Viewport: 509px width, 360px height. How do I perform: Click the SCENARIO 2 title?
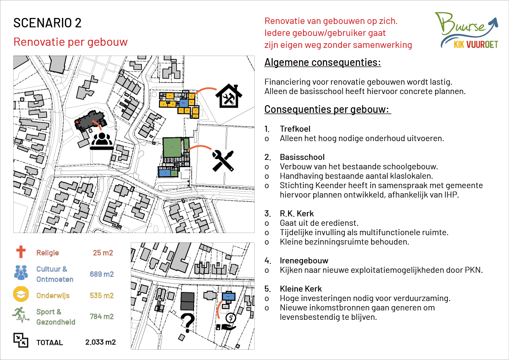click(x=47, y=23)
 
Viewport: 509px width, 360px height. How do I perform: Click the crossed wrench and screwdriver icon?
click(x=223, y=160)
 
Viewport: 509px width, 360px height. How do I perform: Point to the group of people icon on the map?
click(x=102, y=141)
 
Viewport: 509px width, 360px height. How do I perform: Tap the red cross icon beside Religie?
click(x=21, y=252)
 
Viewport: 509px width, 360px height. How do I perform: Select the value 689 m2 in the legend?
click(x=102, y=274)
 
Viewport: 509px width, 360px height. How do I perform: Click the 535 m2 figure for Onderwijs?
click(x=102, y=295)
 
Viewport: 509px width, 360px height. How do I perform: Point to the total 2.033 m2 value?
click(x=100, y=342)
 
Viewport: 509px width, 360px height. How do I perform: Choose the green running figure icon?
click(x=21, y=316)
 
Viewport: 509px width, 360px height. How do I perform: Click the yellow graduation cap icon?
click(x=21, y=295)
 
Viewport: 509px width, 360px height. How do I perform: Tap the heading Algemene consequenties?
click(x=323, y=62)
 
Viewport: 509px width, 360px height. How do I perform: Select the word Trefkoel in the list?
click(x=295, y=129)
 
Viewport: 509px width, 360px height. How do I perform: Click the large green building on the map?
click(x=173, y=147)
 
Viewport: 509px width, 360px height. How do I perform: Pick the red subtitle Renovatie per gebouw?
click(x=71, y=42)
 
